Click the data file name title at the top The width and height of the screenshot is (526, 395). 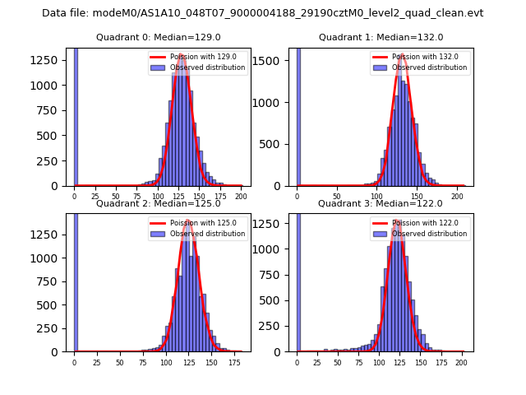[262, 13]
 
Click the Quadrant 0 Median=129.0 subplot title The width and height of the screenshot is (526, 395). [159, 37]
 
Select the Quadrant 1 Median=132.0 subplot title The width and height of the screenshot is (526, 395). [381, 37]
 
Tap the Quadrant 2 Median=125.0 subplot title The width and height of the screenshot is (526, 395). [159, 203]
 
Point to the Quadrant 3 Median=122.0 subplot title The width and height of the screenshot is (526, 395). [381, 203]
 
